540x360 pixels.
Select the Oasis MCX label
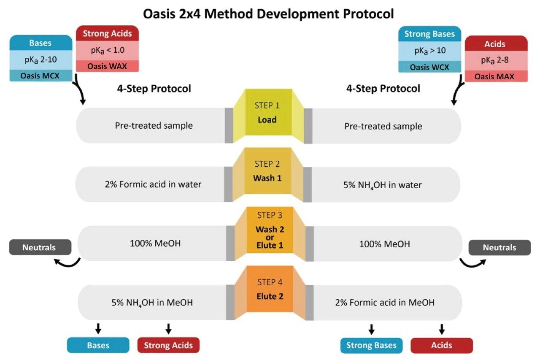41,76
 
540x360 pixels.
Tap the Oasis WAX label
107,66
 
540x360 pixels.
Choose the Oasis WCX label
429,67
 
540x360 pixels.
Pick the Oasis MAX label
496,76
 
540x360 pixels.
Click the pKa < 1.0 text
107,50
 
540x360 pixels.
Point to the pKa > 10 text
429,51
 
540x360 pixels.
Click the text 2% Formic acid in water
153,184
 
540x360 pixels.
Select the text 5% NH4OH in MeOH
152,303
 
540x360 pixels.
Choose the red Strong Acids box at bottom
168,345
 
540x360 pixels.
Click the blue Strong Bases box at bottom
371,345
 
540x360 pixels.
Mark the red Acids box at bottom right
441,345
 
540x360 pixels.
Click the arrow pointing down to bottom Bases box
98,328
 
